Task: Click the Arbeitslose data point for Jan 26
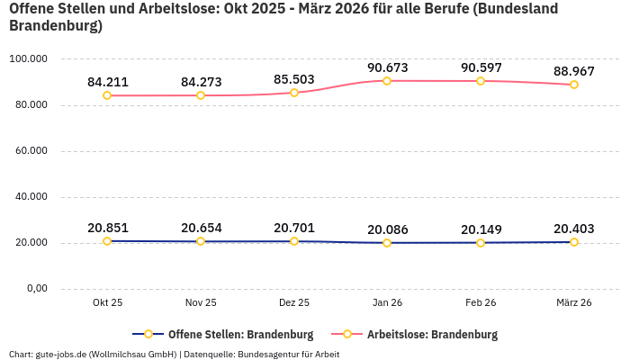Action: (387, 81)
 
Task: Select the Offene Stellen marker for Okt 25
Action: (107, 241)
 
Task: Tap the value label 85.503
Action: (294, 79)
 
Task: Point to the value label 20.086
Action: (387, 229)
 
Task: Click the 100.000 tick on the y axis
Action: (28, 58)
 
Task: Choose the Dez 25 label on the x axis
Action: (294, 303)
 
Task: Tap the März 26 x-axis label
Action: (573, 303)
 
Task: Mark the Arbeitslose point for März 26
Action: (573, 85)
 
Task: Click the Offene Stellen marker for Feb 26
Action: (481, 242)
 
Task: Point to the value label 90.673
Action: (387, 67)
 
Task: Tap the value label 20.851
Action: (107, 228)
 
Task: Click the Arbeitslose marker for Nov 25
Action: (201, 95)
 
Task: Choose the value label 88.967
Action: (573, 71)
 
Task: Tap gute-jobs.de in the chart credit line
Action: (60, 354)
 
